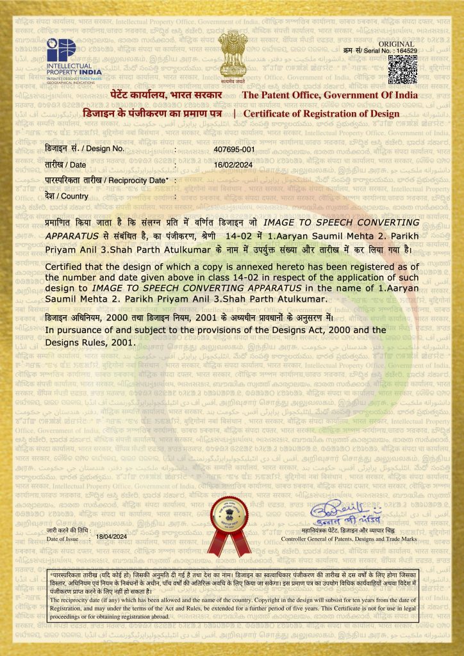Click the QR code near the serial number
pos(403,70)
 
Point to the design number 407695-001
pos(235,149)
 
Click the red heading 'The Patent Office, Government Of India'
pos(329,95)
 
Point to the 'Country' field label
pos(67,196)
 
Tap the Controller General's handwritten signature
pos(346,514)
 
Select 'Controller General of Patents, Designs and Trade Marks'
pos(349,539)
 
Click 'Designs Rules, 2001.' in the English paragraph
pos(90,342)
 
